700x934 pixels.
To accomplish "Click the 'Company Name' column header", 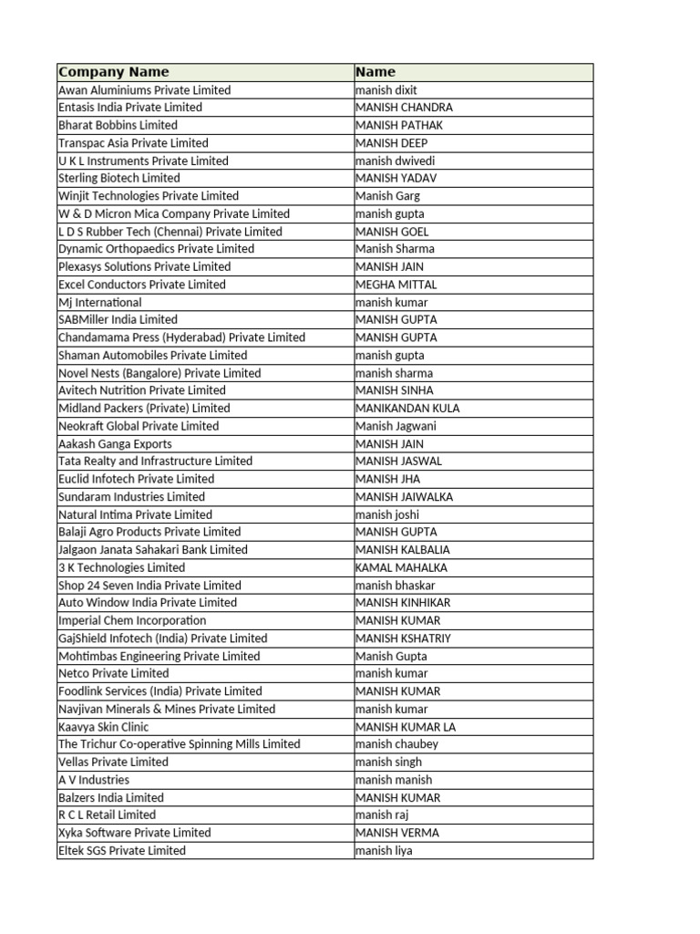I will [x=113, y=72].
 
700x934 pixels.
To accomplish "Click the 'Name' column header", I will [x=376, y=72].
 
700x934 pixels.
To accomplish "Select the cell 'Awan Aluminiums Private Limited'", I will [x=144, y=90].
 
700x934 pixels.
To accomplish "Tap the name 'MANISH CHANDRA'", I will [x=404, y=108].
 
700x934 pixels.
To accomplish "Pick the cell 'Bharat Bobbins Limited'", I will [x=118, y=125].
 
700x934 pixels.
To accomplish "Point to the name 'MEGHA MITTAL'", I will [x=396, y=285].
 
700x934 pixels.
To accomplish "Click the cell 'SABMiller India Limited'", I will [x=118, y=320].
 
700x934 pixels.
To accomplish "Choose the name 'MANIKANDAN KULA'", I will [x=407, y=409].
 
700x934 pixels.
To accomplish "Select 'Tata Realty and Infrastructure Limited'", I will [x=155, y=462].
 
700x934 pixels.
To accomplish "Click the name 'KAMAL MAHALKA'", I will [x=401, y=567].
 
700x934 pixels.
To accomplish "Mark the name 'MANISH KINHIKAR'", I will [x=403, y=603].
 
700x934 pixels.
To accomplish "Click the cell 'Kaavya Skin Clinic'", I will [x=103, y=727].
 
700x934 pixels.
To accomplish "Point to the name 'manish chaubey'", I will [x=396, y=744].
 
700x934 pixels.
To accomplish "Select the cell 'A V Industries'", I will [x=94, y=780].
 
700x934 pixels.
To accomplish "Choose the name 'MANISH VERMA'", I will [x=397, y=833].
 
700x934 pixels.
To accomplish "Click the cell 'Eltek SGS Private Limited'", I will [x=121, y=851].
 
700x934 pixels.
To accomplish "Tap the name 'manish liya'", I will [x=384, y=851].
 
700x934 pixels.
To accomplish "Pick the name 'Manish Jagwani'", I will [x=396, y=426].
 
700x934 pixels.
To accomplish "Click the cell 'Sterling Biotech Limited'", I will [x=118, y=179].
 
